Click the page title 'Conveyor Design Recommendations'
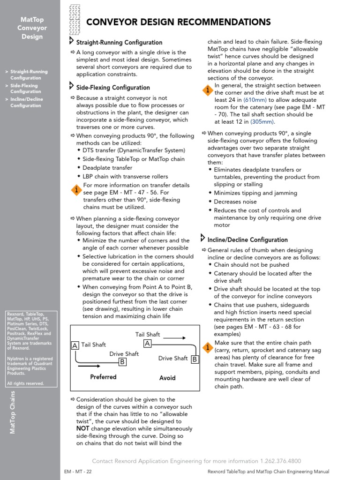click(179, 22)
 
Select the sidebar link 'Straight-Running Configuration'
click(29, 75)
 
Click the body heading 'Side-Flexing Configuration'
click(113, 88)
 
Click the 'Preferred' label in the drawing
click(103, 377)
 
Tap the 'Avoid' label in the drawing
click(167, 378)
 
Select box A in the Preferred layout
click(74, 345)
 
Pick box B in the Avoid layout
click(195, 360)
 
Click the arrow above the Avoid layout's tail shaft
click(174, 337)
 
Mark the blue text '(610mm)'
click(255, 100)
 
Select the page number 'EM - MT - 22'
click(78, 472)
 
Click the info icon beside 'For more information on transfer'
click(76, 190)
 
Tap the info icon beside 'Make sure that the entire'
click(207, 347)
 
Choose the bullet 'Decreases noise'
click(235, 202)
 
